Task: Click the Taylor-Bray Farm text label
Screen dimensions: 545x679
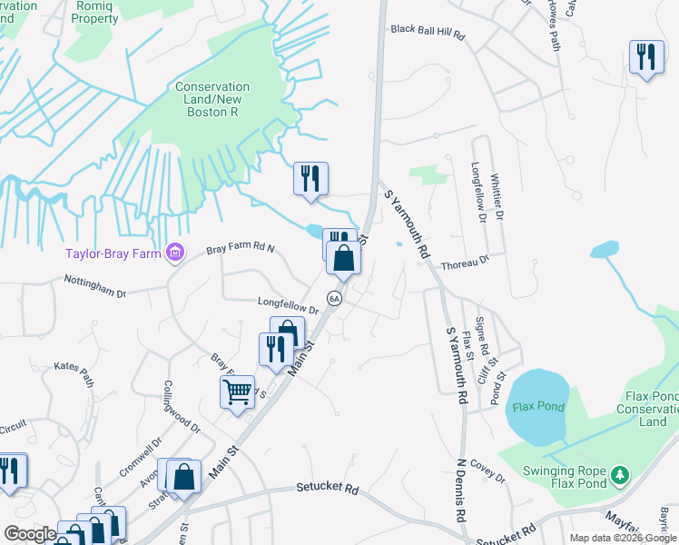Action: tap(112, 253)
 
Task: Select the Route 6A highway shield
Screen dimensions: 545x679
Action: tap(334, 299)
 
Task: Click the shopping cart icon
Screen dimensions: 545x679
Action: tap(237, 392)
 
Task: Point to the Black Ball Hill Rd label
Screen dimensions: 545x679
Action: tap(428, 32)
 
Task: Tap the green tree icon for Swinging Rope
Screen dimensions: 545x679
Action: tap(620, 475)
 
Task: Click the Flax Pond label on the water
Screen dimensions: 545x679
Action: tap(536, 405)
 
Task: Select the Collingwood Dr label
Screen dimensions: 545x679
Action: tap(180, 405)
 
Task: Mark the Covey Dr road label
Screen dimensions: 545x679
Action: tap(487, 471)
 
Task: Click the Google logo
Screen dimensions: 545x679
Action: tap(30, 534)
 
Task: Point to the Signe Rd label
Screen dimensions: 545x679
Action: tap(484, 336)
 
